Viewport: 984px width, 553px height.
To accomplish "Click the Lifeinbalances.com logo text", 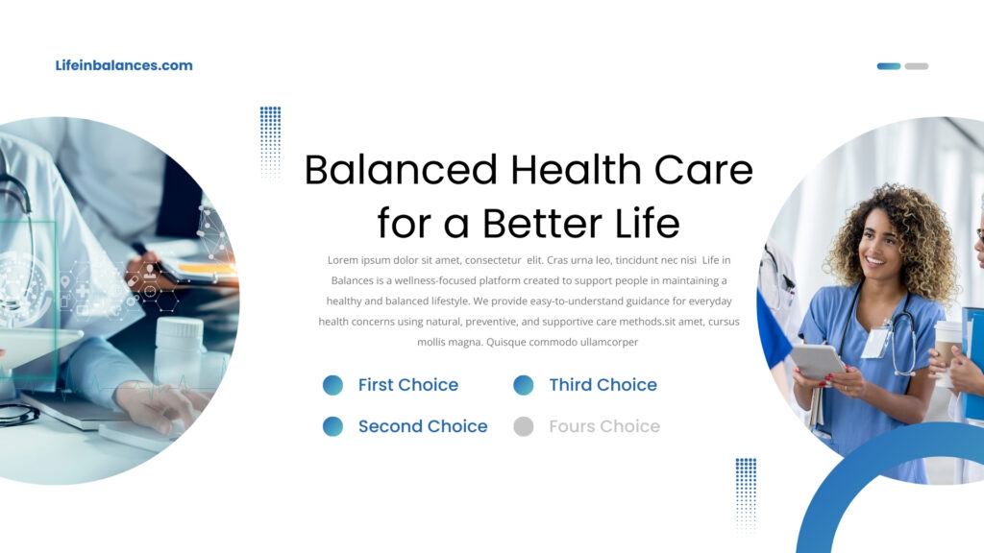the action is tap(124, 65).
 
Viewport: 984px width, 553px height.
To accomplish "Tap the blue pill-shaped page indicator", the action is tap(889, 66).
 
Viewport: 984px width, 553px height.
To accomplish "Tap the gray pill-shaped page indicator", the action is tap(916, 66).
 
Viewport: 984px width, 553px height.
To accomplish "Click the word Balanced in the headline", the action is tap(401, 170).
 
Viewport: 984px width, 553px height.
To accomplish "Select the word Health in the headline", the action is tap(577, 170).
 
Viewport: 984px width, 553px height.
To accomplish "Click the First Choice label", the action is tap(407, 384).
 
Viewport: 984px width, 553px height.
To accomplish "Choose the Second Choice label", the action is tap(423, 426).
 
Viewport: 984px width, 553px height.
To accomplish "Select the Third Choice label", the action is tap(603, 384).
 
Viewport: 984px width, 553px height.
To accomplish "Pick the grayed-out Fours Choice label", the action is tap(604, 426).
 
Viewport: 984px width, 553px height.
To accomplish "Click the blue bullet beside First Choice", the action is tap(332, 385).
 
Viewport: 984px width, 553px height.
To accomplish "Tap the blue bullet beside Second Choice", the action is tap(332, 426).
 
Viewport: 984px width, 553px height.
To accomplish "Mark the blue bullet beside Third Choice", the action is tap(524, 385).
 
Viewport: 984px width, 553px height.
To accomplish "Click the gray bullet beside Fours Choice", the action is tap(524, 426).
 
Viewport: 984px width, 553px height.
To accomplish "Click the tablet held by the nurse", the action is tap(818, 361).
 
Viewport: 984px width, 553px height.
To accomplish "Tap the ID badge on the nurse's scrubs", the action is tap(875, 343).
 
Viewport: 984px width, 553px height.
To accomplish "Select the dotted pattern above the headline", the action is tap(270, 142).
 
